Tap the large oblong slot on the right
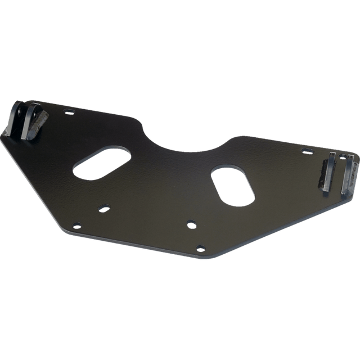pyautogui.click(x=232, y=184)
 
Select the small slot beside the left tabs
pyautogui.click(x=69, y=112)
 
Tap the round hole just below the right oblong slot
pyautogui.click(x=191, y=224)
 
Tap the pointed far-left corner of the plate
pyautogui.click(x=3, y=136)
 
